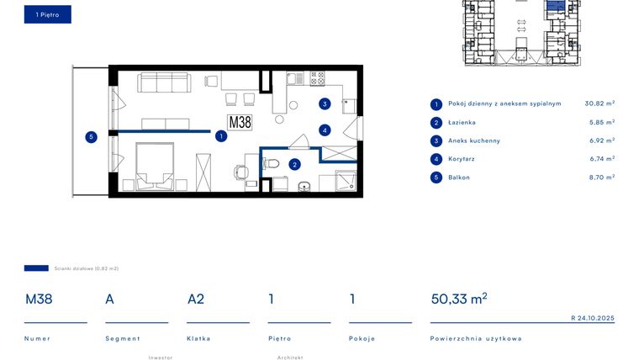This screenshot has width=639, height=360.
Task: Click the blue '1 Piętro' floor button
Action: point(47,15)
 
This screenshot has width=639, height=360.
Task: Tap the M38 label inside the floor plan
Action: point(240,122)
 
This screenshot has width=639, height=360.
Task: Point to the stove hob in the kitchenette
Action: point(317,78)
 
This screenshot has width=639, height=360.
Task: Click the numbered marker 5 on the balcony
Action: point(92,136)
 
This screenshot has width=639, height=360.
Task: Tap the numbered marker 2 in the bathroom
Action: point(295,165)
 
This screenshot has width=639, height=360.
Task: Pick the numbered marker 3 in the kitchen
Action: point(325,104)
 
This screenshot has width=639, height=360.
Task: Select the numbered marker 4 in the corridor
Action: point(325,130)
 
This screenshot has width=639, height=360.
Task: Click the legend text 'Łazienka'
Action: point(462,123)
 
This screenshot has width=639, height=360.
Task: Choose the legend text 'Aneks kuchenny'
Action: point(473,140)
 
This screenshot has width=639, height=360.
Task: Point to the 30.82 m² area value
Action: point(599,103)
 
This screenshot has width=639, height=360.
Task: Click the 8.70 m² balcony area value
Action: point(600,177)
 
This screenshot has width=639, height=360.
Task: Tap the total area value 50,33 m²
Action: point(458,299)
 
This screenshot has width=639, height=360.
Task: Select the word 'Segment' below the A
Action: point(122,338)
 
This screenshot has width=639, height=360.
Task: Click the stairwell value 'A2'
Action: point(196,299)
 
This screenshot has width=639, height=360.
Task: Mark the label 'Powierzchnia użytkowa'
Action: point(475,338)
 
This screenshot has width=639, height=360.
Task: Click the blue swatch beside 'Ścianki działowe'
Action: point(36,268)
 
